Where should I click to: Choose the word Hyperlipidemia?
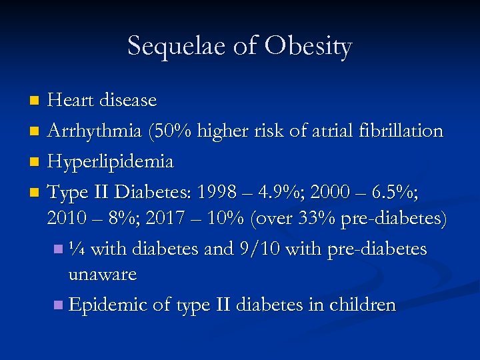click(111, 162)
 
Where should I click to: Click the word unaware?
click(103, 274)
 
